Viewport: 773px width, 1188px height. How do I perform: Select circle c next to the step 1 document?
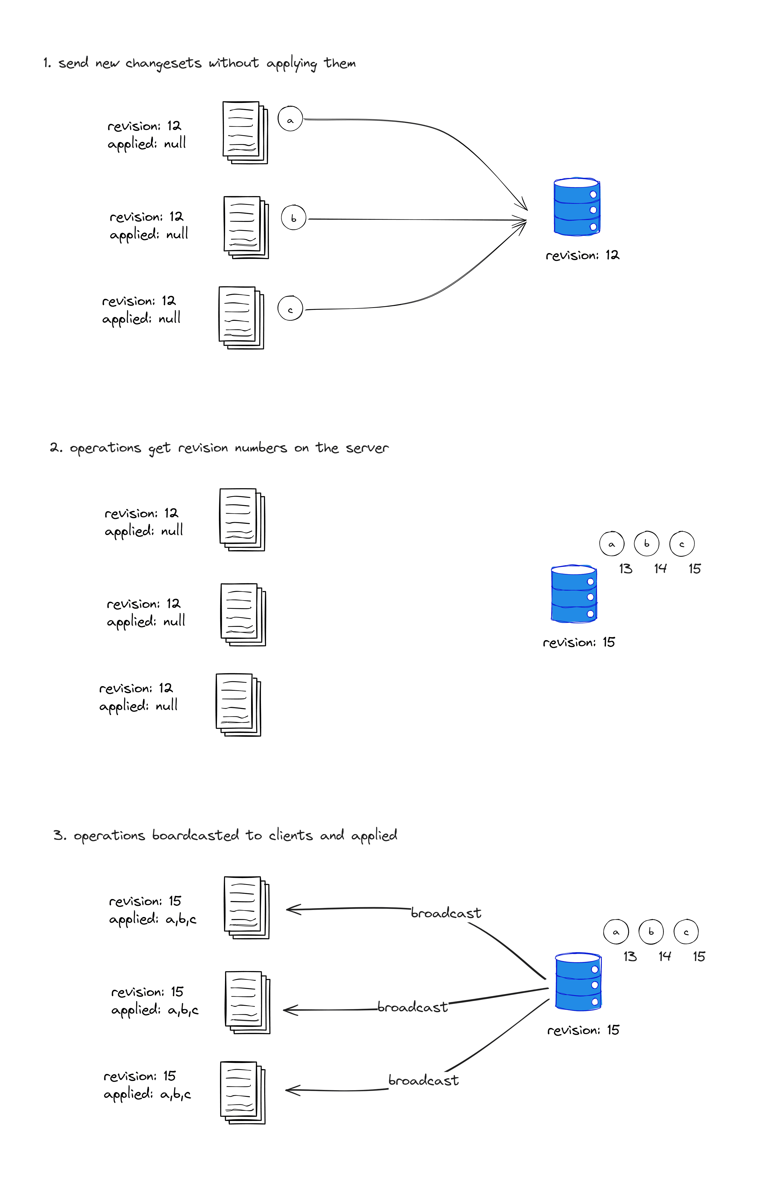(x=290, y=308)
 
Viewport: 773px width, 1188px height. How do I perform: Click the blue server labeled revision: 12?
(x=577, y=207)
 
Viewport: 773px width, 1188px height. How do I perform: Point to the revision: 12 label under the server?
(x=582, y=256)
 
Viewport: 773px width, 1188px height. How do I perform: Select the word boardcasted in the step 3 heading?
(x=195, y=836)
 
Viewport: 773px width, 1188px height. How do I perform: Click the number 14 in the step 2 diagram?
(x=660, y=569)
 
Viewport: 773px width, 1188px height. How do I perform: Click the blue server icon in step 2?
(x=574, y=594)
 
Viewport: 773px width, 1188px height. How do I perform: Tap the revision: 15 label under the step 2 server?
(x=579, y=642)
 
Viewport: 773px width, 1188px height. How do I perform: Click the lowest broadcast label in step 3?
(x=424, y=1081)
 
